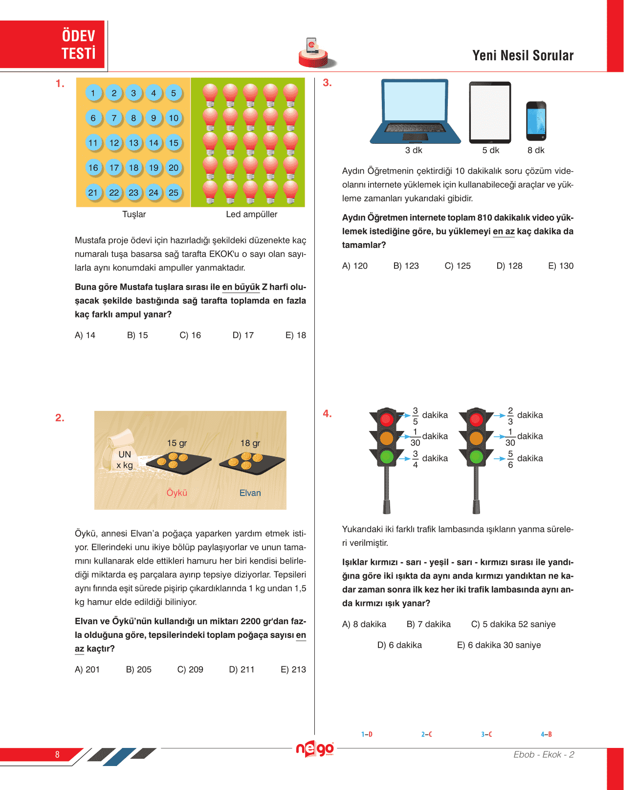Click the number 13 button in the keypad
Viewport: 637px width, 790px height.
pos(133,143)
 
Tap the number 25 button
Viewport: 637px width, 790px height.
pos(174,192)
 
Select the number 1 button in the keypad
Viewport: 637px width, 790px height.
pos(93,93)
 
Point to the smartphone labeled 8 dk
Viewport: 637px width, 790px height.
pos(536,121)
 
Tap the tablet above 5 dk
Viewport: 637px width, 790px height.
pos(490,113)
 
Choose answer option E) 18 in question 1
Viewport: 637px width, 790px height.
pos(295,335)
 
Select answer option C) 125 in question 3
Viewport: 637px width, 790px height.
pos(458,266)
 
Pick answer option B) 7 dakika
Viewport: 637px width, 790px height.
pos(428,624)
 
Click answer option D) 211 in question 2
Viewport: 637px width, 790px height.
pos(242,669)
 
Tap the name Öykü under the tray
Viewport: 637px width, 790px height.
pos(177,493)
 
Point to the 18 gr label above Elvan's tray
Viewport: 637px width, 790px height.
pos(250,443)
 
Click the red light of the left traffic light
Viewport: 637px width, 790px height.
pos(387,419)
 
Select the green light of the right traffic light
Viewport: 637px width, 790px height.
pos(476,457)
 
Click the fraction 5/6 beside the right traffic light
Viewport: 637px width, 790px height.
pos(510,459)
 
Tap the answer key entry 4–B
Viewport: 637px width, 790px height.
pos(546,734)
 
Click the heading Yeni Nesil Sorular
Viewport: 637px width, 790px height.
pos(523,56)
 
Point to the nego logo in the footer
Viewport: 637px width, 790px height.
pos(315,749)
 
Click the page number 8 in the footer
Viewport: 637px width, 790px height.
pos(57,754)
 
